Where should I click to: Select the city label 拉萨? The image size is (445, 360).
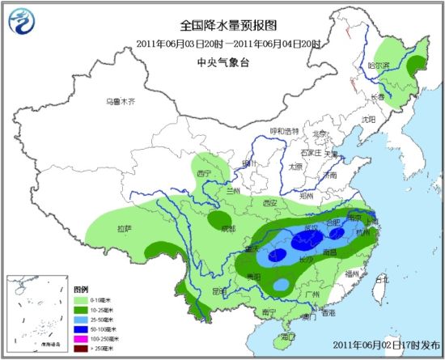tap(123, 228)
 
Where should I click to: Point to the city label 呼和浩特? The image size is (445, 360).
tap(284, 131)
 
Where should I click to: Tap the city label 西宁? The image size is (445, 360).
tap(203, 173)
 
